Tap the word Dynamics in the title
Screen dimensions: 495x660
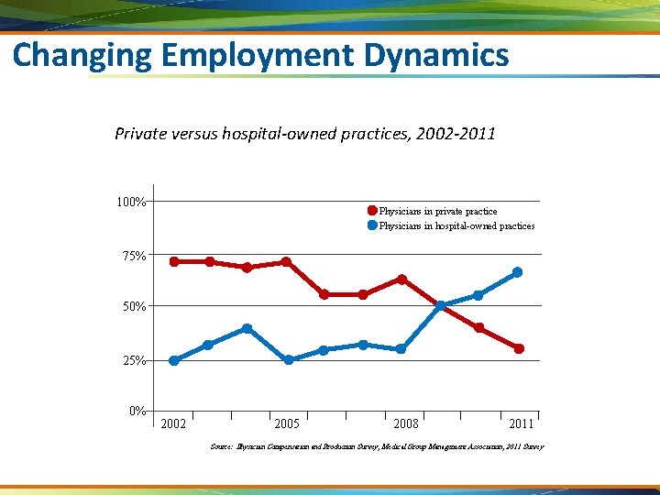pyautogui.click(x=436, y=56)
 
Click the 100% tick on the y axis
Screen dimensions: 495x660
pyautogui.click(x=129, y=201)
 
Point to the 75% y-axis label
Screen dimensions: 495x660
pyautogui.click(x=134, y=255)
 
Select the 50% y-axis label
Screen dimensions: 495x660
pyautogui.click(x=134, y=306)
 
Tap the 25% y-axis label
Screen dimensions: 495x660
pyautogui.click(x=134, y=360)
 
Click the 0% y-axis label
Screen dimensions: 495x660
pyautogui.click(x=137, y=410)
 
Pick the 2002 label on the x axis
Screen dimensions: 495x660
pyautogui.click(x=172, y=423)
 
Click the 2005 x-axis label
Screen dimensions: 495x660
pyautogui.click(x=287, y=423)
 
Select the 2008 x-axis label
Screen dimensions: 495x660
pyautogui.click(x=405, y=423)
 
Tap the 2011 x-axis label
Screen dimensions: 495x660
pyautogui.click(x=521, y=423)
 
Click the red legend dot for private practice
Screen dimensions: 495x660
pyautogui.click(x=372, y=211)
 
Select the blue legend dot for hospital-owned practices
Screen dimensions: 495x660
pyautogui.click(x=372, y=225)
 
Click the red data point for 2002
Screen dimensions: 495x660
pyautogui.click(x=174, y=261)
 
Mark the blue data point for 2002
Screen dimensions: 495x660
pyautogui.click(x=174, y=360)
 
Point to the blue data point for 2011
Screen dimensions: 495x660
pyautogui.click(x=518, y=272)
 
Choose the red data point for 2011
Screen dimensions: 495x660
pyautogui.click(x=519, y=348)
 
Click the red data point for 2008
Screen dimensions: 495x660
pyautogui.click(x=401, y=279)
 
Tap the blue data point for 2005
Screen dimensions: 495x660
pyautogui.click(x=289, y=360)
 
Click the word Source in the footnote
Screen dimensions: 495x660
pyautogui.click(x=221, y=446)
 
